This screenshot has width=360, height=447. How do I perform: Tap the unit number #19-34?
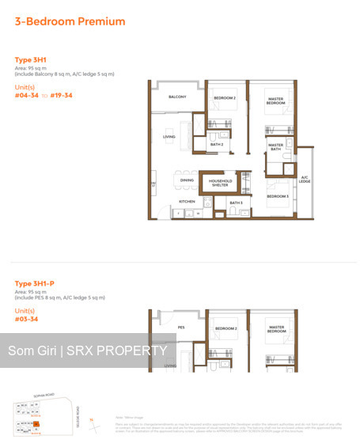click(x=61, y=95)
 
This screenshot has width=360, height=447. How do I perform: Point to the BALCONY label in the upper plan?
click(x=176, y=97)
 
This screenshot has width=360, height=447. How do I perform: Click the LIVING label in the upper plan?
click(x=169, y=137)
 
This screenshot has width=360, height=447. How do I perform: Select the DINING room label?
click(x=187, y=180)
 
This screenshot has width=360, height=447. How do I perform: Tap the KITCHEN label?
click(x=187, y=202)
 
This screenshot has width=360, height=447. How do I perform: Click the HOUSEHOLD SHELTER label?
click(x=221, y=183)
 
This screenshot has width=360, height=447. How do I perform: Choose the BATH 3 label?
click(x=236, y=203)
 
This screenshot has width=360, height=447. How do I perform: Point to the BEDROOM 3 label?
click(x=277, y=195)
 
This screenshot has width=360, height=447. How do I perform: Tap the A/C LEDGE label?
click(x=305, y=179)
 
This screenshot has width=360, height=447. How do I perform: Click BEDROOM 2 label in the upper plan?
click(x=225, y=98)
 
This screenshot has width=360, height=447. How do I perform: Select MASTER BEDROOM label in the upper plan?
click(x=275, y=101)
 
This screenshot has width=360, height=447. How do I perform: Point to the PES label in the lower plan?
click(x=180, y=326)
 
